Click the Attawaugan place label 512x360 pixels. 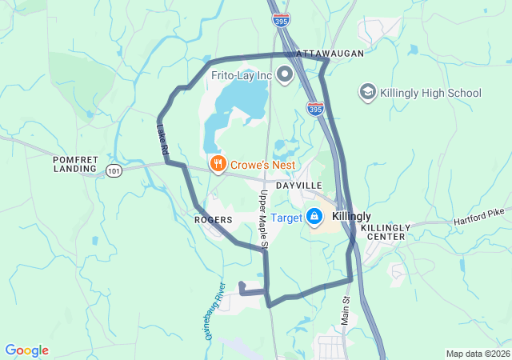(330, 53)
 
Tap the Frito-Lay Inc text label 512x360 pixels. (242, 76)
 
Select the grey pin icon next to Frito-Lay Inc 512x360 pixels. (284, 76)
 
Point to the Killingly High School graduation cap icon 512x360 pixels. (367, 93)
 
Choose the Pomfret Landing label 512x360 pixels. (75, 164)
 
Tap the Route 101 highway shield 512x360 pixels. (113, 170)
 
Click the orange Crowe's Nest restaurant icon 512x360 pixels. (217, 164)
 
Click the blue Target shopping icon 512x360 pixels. (314, 217)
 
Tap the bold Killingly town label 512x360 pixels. (351, 217)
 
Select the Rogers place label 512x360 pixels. (213, 219)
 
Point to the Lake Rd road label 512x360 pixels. (162, 138)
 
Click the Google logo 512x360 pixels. (26, 350)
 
